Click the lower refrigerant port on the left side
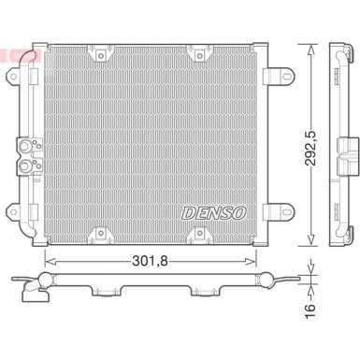[x=26, y=168]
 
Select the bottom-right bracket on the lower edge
[x=198, y=220]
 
